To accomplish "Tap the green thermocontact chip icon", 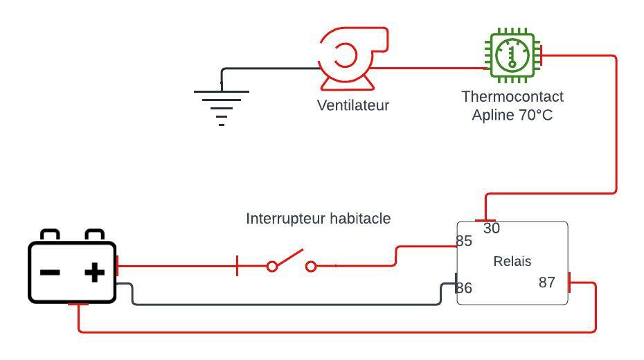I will tap(512, 55).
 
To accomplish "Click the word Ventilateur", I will tap(353, 105).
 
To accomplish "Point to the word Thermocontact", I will tap(512, 96).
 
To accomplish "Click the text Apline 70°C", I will tap(512, 115).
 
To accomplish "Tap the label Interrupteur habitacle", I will tap(319, 219).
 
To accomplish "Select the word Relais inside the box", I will tap(512, 261).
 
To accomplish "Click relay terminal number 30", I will tap(492, 228).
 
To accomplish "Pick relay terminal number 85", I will tap(464, 241).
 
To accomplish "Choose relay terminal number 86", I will tap(464, 288).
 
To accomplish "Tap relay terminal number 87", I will tap(547, 282).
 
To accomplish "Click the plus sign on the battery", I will tap(94, 272).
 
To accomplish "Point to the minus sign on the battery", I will tap(50, 272).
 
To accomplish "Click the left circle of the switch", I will tap(272, 266).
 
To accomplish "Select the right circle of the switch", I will tap(311, 266).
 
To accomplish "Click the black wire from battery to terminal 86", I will tap(277, 304).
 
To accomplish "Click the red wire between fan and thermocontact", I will tap(429, 69).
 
